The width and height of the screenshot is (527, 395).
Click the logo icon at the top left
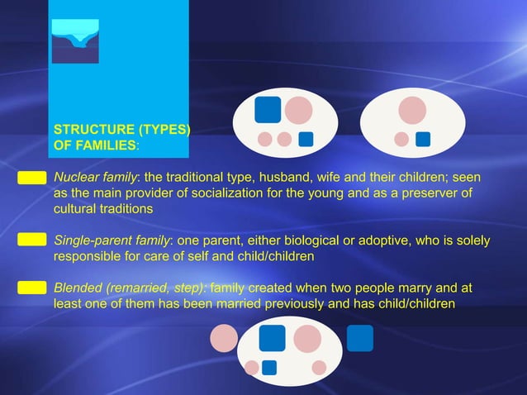pos(75,40)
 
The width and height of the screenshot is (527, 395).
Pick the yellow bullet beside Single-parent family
pos(31,240)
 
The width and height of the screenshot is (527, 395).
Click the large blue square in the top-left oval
pos(268,109)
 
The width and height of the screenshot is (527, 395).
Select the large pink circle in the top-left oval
pos(298,110)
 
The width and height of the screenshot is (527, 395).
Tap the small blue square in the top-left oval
pos(306,139)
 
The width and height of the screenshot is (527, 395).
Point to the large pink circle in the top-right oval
pos(412,110)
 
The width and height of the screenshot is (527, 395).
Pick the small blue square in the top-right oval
pos(423,139)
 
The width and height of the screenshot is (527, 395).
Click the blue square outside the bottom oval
pos(359,337)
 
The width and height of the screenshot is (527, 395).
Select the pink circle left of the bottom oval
pos(223,337)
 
